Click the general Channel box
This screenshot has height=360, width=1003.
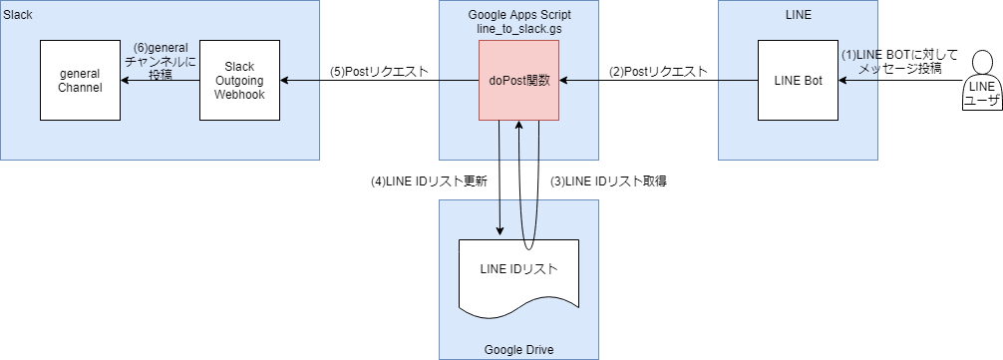coord(80,80)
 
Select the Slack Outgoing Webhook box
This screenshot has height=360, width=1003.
coord(239,80)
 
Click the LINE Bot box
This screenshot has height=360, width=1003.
coord(798,80)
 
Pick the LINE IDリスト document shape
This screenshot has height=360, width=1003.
coord(518,271)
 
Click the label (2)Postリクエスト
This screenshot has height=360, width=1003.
coord(659,72)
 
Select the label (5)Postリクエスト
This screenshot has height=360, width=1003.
coord(380,72)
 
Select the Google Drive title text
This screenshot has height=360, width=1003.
coord(518,349)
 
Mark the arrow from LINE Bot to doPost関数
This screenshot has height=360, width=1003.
coord(658,81)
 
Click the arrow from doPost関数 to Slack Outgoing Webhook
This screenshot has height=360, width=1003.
coord(379,81)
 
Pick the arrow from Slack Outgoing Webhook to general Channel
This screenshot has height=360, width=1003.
coord(160,81)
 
